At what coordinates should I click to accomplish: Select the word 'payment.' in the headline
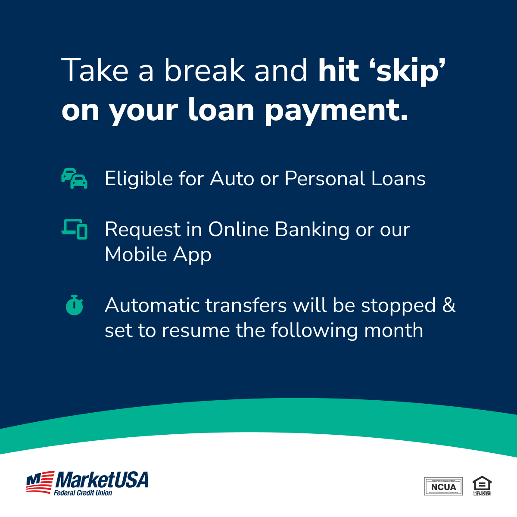coord(336,111)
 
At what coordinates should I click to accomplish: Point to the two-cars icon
coord(74,178)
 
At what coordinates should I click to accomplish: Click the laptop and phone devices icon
coord(75,229)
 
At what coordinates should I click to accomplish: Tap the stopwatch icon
coord(75,305)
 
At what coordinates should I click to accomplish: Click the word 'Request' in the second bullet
coord(142,230)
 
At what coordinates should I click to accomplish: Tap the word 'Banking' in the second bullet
coord(311,230)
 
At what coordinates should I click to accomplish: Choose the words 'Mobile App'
coord(158,255)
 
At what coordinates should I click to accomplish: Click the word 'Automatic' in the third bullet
coord(153,305)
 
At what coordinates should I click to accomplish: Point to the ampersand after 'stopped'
coord(449,305)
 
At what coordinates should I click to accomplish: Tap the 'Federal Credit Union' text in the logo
coord(83,493)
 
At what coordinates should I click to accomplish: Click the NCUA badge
coord(443,486)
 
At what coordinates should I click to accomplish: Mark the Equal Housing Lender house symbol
coord(482,483)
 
